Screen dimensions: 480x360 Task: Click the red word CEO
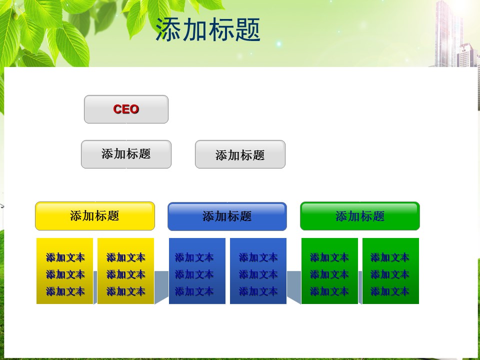126,109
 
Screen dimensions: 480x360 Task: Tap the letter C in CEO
117,109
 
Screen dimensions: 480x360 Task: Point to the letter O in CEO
134,109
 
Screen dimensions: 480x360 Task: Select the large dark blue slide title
208,29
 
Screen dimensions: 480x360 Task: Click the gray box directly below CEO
126,154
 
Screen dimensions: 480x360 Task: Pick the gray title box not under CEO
240,154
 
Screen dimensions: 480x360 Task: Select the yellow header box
95,216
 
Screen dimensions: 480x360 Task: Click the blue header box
227,216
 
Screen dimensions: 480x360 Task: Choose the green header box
360,216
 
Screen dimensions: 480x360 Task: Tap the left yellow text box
64,271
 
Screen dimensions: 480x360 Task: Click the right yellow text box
125,271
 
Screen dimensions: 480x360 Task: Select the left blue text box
197,271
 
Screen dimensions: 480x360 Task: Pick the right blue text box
258,271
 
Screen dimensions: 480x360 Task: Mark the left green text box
329,271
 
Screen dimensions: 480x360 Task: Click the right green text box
390,271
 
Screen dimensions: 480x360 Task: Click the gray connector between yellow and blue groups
161,287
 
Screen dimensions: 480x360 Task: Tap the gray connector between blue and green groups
294,287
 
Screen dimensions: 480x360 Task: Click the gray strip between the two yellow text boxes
95,287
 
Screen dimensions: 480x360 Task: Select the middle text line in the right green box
389,274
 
